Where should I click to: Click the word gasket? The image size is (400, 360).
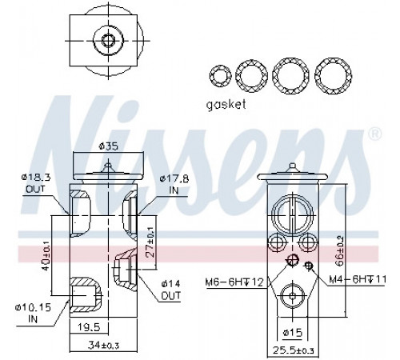226,105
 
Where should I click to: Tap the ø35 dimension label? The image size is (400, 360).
108,146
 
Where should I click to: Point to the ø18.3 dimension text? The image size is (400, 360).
36,177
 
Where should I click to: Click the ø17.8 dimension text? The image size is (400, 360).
174,178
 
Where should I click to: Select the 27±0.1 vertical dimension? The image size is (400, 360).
151,242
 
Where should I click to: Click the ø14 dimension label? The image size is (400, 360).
171,283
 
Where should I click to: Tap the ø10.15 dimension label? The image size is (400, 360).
33,308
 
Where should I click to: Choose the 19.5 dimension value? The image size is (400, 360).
90,327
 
